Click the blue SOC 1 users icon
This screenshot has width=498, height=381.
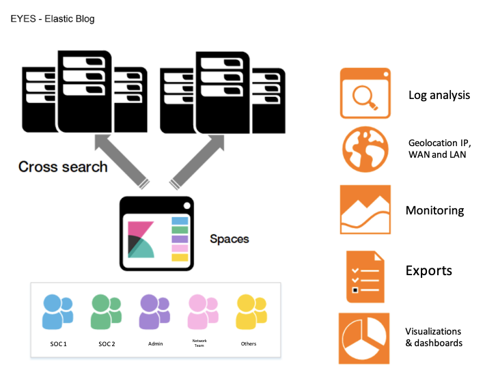57,312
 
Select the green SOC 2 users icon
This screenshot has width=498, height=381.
106,312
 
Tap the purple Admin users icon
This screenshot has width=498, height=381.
154,312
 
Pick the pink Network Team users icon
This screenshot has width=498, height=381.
203,312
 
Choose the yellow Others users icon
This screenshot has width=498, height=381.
251,312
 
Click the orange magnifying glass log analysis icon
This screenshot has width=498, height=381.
365,94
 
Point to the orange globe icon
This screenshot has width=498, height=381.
365,150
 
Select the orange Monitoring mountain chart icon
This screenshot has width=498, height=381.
365,210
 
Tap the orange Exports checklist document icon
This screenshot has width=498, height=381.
365,277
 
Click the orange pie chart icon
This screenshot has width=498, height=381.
364,339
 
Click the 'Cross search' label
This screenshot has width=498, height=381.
63,167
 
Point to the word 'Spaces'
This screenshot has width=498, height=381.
230,239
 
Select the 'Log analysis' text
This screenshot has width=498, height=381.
439,96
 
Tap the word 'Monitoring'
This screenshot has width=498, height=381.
434,211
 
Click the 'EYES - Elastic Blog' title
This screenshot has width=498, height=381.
53,19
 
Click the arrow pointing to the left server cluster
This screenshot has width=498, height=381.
122,161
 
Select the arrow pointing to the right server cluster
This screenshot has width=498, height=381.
197,162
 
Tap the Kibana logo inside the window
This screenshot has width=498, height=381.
141,240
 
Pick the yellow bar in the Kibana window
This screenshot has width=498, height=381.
180,257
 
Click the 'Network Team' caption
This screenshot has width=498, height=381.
199,343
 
